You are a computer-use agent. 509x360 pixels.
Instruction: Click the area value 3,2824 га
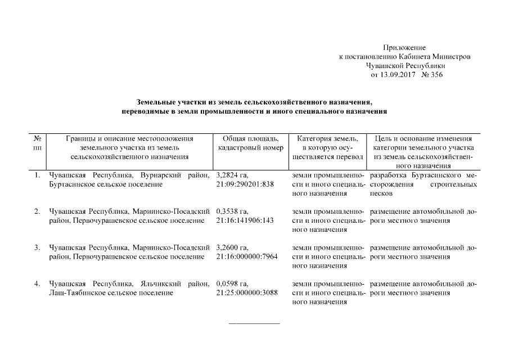pyautogui.click(x=232, y=175)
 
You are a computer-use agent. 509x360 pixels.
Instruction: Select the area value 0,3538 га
pyautogui.click(x=232, y=211)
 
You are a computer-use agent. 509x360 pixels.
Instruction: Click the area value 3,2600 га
pyautogui.click(x=232, y=247)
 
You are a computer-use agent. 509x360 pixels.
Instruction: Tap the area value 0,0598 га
pyautogui.click(x=232, y=283)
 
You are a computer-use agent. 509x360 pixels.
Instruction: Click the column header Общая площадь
pyautogui.click(x=246, y=138)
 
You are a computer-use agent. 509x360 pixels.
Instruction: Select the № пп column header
pyautogui.click(x=37, y=142)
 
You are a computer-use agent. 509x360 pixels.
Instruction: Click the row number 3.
pyautogui.click(x=37, y=247)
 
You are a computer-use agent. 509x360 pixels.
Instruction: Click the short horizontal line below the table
pyautogui.click(x=254, y=323)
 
